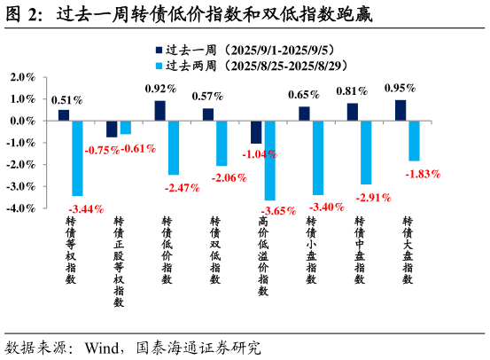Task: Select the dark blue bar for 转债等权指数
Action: (64, 115)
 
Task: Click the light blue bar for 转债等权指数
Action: (77, 158)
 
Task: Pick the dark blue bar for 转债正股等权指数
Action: (112, 129)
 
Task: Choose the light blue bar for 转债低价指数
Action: (174, 147)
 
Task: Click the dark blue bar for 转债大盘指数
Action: (401, 110)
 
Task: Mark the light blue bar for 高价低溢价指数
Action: (270, 160)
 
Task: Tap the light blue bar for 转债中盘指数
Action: (366, 153)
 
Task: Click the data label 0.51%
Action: (66, 100)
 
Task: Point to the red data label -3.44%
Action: (86, 209)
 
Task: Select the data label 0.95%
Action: (401, 88)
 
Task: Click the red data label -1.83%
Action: (422, 174)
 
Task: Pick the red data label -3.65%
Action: (277, 211)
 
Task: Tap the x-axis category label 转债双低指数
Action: (214, 249)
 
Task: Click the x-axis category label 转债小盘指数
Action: (311, 249)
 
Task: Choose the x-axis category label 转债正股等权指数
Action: (119, 261)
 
